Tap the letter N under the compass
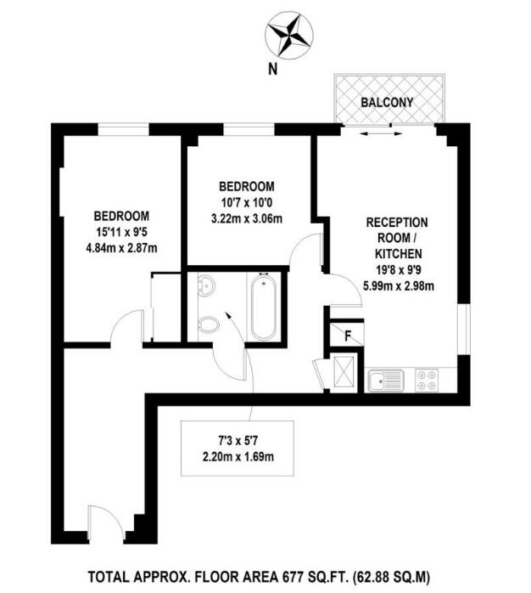(272, 69)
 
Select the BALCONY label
(387, 102)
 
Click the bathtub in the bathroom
(263, 306)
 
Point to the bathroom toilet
(208, 324)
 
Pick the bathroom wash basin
(206, 285)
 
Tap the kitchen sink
(386, 380)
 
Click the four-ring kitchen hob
(427, 380)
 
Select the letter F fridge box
(347, 335)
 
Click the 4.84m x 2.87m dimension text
(121, 248)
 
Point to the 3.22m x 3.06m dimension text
(247, 218)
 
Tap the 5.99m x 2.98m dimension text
(399, 285)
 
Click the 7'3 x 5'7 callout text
(238, 440)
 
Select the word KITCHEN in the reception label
(394, 253)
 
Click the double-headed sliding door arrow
(381, 133)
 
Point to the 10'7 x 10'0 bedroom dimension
(247, 203)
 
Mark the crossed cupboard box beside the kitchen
(344, 372)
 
